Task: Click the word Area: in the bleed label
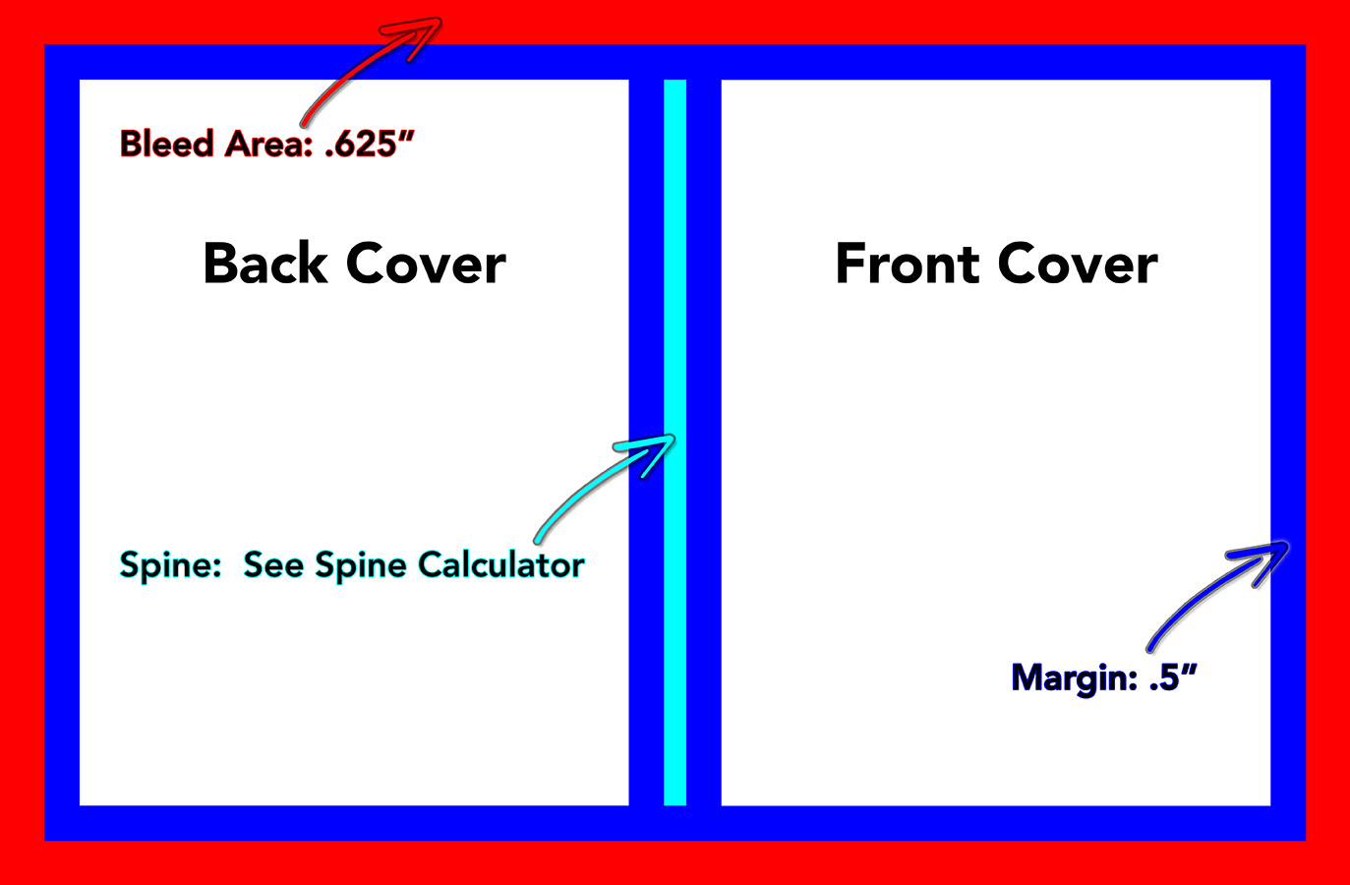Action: click(268, 144)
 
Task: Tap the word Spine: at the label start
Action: click(171, 565)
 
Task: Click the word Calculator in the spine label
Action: click(500, 564)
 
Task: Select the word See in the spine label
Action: click(273, 564)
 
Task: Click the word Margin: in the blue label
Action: click(1075, 678)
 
